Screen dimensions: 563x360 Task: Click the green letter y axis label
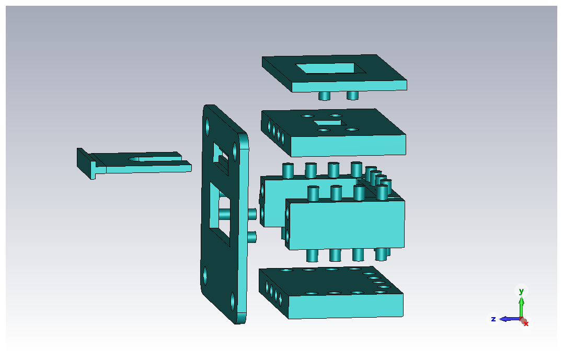[521, 291]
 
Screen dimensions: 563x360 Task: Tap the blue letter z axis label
[493, 319]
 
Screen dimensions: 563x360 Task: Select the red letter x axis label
[526, 324]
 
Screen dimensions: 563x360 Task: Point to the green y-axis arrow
[521, 307]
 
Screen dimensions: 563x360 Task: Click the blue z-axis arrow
[510, 319]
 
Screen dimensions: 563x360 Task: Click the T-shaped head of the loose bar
[87, 164]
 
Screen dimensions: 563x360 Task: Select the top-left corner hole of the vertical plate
[207, 126]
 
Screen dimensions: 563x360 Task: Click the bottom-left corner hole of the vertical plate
[205, 276]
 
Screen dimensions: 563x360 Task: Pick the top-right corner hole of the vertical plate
[235, 152]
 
